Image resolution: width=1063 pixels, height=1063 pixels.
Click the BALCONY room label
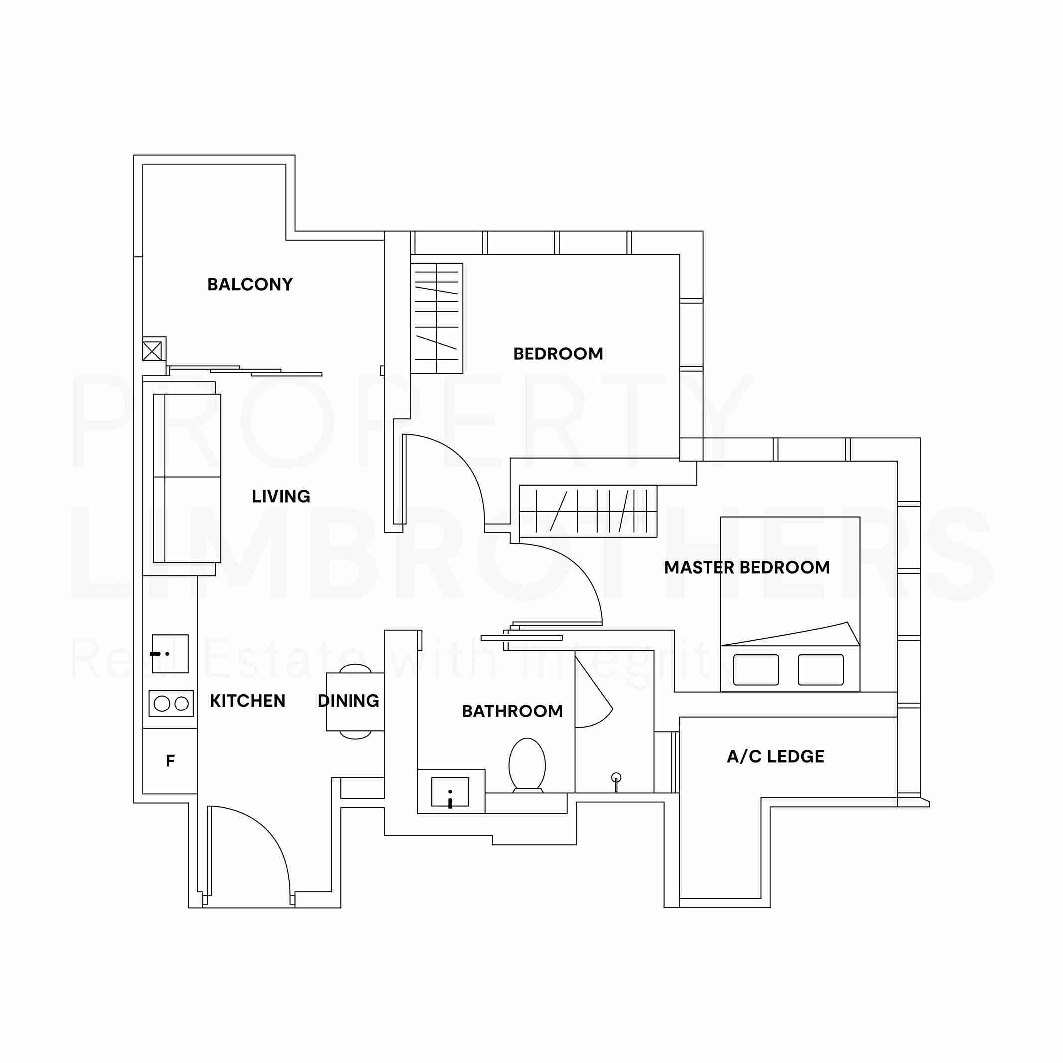[250, 285]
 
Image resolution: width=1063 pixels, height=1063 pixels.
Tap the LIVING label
[281, 496]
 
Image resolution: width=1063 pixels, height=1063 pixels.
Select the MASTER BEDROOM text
[746, 568]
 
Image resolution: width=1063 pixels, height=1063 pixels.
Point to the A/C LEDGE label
[775, 757]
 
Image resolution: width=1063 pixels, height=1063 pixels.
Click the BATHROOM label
[512, 711]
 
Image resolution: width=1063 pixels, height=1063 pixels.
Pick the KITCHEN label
[248, 701]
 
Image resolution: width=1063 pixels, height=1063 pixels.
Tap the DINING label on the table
[349, 701]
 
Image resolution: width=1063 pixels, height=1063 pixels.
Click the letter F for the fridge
[170, 761]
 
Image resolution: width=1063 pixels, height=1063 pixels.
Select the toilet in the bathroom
[527, 765]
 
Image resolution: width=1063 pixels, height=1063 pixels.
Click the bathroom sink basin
[450, 792]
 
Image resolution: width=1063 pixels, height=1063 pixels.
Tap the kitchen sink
[171, 654]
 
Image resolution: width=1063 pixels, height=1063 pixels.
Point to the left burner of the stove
[162, 703]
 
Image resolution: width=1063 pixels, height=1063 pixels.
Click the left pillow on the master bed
[756, 670]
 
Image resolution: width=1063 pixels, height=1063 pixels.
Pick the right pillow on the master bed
[820, 670]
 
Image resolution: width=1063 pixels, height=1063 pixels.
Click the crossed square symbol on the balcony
[152, 351]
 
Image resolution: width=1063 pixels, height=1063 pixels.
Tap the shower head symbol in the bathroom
[616, 777]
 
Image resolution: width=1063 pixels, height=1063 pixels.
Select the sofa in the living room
[186, 478]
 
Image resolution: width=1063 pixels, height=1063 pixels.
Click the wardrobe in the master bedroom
[588, 511]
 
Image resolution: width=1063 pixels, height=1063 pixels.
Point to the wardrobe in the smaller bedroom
[437, 319]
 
